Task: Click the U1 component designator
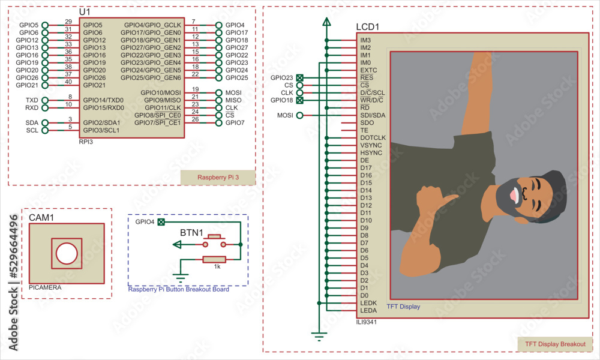tap(85, 12)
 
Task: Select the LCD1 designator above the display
tap(368, 27)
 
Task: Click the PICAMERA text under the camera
tap(45, 288)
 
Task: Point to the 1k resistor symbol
tap(214, 259)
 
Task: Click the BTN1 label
tap(192, 233)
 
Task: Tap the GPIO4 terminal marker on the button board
tap(160, 222)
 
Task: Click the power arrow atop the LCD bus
tap(326, 22)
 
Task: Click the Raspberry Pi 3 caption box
tap(218, 178)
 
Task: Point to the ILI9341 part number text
tap(367, 322)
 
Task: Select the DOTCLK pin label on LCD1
tap(373, 137)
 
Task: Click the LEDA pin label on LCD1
tap(368, 310)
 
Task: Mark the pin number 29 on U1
tap(68, 22)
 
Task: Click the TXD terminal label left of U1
tap(32, 100)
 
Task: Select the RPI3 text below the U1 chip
tap(86, 143)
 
